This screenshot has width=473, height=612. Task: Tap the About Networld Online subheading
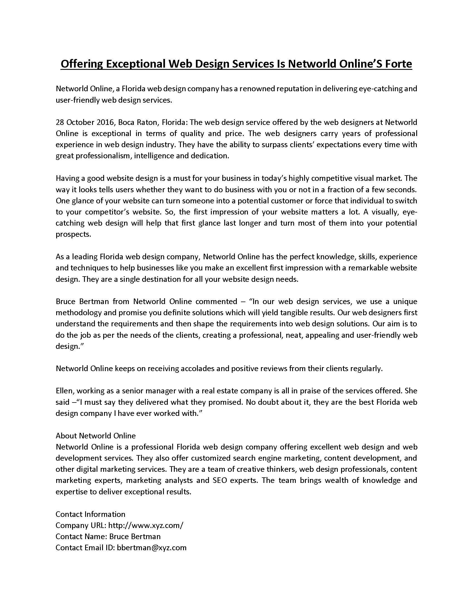click(95, 436)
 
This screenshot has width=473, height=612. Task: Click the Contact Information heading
click(90, 514)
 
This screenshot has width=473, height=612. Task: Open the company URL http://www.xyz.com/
click(146, 525)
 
